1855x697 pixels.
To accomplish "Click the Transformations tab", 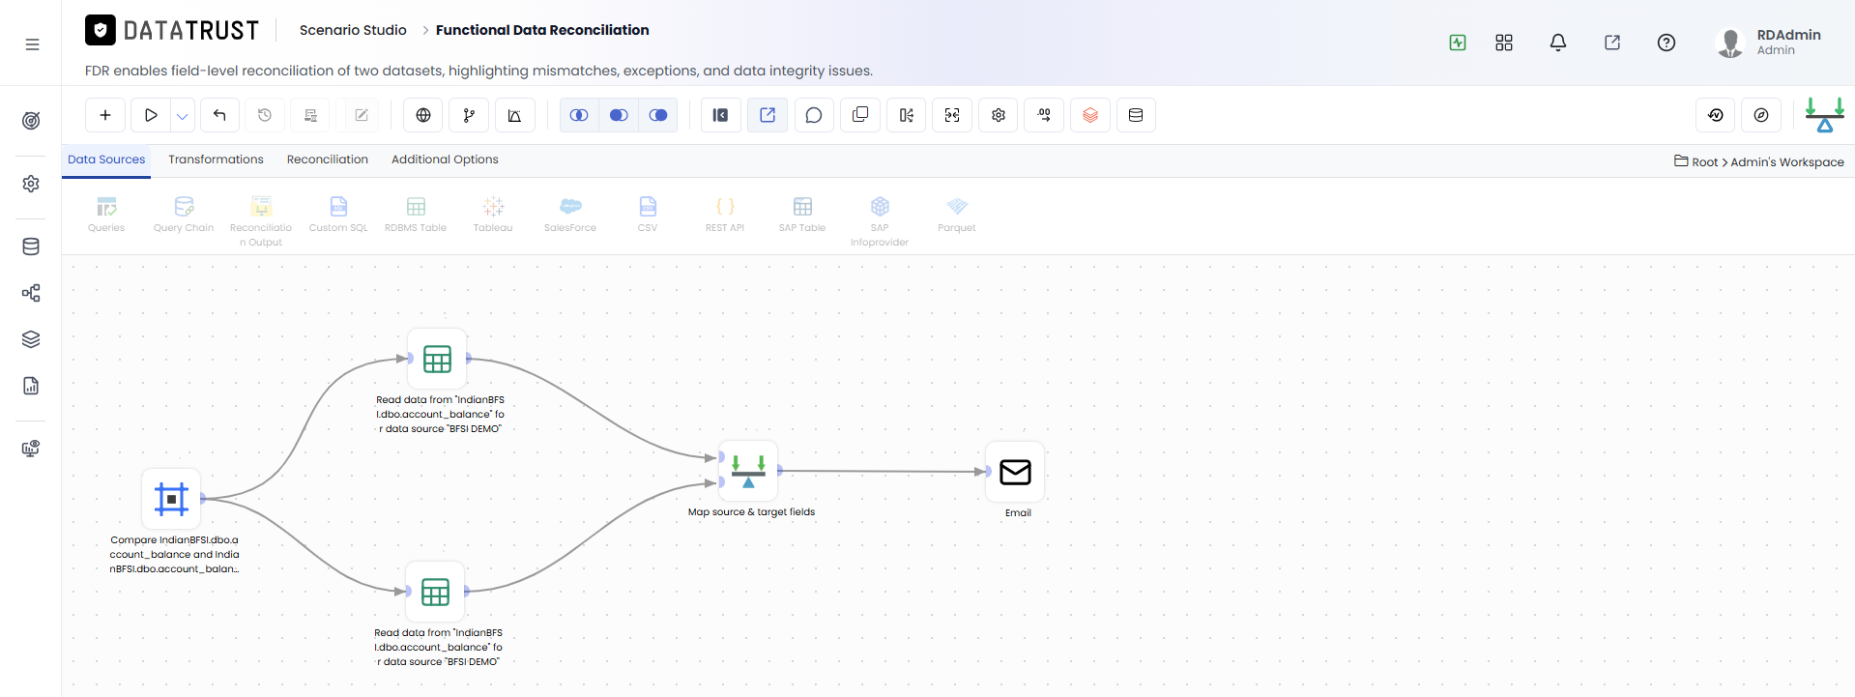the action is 216,160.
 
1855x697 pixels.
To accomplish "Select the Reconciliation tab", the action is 328,160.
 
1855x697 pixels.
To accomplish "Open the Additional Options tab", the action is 445,160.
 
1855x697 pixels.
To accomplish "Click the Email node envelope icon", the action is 1015,472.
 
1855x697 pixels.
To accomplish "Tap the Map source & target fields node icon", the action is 748,471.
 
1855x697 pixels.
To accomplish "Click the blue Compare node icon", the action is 171,499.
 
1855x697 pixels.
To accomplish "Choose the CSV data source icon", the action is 648,206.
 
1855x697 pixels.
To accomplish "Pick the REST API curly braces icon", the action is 725,206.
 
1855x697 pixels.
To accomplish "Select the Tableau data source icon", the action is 493,206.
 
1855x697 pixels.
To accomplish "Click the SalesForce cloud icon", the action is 570,206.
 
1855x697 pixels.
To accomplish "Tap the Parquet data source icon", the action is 957,206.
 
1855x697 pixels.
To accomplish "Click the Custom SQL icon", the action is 338,206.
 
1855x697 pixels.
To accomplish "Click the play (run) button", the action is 151,115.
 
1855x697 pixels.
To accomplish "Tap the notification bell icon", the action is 1558,43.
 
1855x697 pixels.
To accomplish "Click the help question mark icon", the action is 1667,43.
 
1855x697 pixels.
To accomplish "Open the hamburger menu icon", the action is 32,44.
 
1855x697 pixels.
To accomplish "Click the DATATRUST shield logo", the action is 101,30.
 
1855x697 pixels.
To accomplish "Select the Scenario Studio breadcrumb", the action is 353,30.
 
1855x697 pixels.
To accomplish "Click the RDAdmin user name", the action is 1788,35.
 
